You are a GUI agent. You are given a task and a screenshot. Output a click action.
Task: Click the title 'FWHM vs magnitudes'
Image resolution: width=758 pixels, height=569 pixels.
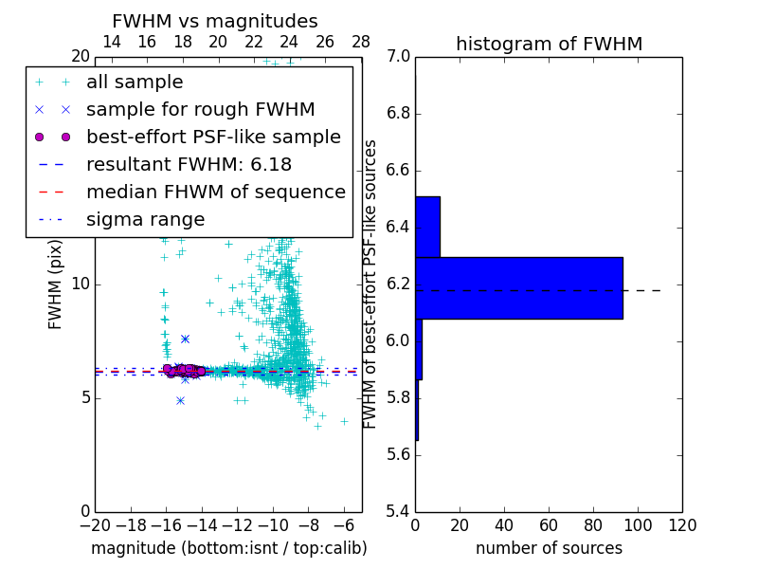[215, 21]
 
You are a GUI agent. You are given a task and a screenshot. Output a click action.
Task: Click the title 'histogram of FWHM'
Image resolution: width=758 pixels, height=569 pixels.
[549, 44]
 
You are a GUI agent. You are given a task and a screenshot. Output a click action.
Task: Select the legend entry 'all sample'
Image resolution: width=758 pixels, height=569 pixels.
[135, 83]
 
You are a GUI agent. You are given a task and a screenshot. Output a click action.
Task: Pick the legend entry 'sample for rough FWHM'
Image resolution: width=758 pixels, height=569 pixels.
[200, 110]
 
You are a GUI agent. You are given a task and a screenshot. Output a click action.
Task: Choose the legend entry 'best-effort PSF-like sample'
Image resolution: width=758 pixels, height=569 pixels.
[213, 138]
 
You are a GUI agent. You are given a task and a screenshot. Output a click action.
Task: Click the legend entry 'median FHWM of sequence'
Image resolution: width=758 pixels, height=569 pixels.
[215, 193]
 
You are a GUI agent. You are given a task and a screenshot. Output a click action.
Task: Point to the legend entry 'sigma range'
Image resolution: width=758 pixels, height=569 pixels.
[145, 220]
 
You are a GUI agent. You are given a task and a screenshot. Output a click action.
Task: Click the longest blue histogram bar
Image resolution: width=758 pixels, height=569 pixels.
[518, 287]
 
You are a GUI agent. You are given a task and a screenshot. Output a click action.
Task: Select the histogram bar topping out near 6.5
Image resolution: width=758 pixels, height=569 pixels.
[427, 227]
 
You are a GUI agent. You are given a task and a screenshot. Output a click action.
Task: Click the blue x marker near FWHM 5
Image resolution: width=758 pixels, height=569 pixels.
[180, 400]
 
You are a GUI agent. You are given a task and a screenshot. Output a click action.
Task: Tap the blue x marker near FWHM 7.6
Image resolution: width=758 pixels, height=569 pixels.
[185, 339]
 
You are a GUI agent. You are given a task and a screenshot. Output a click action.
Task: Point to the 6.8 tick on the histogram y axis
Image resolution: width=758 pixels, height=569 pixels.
[397, 114]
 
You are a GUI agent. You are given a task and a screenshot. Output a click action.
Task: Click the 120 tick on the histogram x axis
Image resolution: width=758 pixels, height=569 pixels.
[682, 524]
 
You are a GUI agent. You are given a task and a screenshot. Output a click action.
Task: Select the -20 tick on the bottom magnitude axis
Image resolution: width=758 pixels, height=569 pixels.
[95, 524]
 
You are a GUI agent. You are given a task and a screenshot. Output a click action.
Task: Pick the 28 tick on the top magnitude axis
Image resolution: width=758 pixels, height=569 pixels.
[361, 42]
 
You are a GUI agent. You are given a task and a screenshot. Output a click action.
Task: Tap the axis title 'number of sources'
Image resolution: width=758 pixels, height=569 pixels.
[549, 548]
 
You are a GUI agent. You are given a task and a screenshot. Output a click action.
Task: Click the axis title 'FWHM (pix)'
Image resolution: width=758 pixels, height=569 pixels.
[56, 284]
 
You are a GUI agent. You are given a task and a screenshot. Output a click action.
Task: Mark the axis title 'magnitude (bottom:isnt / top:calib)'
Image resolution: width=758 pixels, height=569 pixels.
[228, 548]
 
